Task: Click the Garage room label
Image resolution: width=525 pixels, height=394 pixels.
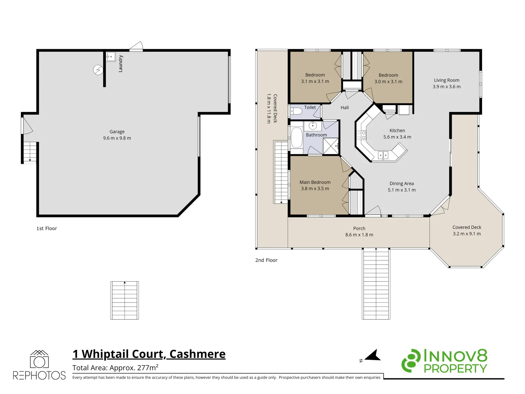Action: (117, 132)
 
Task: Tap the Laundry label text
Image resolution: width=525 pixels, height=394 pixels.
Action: (121, 63)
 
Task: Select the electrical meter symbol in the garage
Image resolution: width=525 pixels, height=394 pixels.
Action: (98, 70)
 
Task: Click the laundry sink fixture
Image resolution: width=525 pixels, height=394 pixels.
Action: (111, 57)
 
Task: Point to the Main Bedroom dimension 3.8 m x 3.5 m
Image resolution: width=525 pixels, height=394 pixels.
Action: (315, 189)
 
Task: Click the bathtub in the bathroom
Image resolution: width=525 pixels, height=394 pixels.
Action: (297, 138)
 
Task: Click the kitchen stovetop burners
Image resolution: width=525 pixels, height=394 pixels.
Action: (361, 135)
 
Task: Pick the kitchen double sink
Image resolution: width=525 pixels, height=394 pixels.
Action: (383, 156)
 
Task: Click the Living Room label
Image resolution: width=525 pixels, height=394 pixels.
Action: (447, 80)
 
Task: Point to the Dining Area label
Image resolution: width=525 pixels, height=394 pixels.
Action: (401, 184)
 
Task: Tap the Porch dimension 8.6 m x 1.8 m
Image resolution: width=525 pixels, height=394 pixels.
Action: (359, 235)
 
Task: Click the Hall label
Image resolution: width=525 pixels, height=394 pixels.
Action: (345, 108)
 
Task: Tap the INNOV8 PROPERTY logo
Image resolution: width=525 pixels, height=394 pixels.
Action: (444, 361)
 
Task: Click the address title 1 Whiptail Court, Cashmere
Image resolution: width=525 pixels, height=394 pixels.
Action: (149, 354)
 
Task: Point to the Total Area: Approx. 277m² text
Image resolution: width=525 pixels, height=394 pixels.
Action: (115, 367)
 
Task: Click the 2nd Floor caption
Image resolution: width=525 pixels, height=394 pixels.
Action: (266, 260)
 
